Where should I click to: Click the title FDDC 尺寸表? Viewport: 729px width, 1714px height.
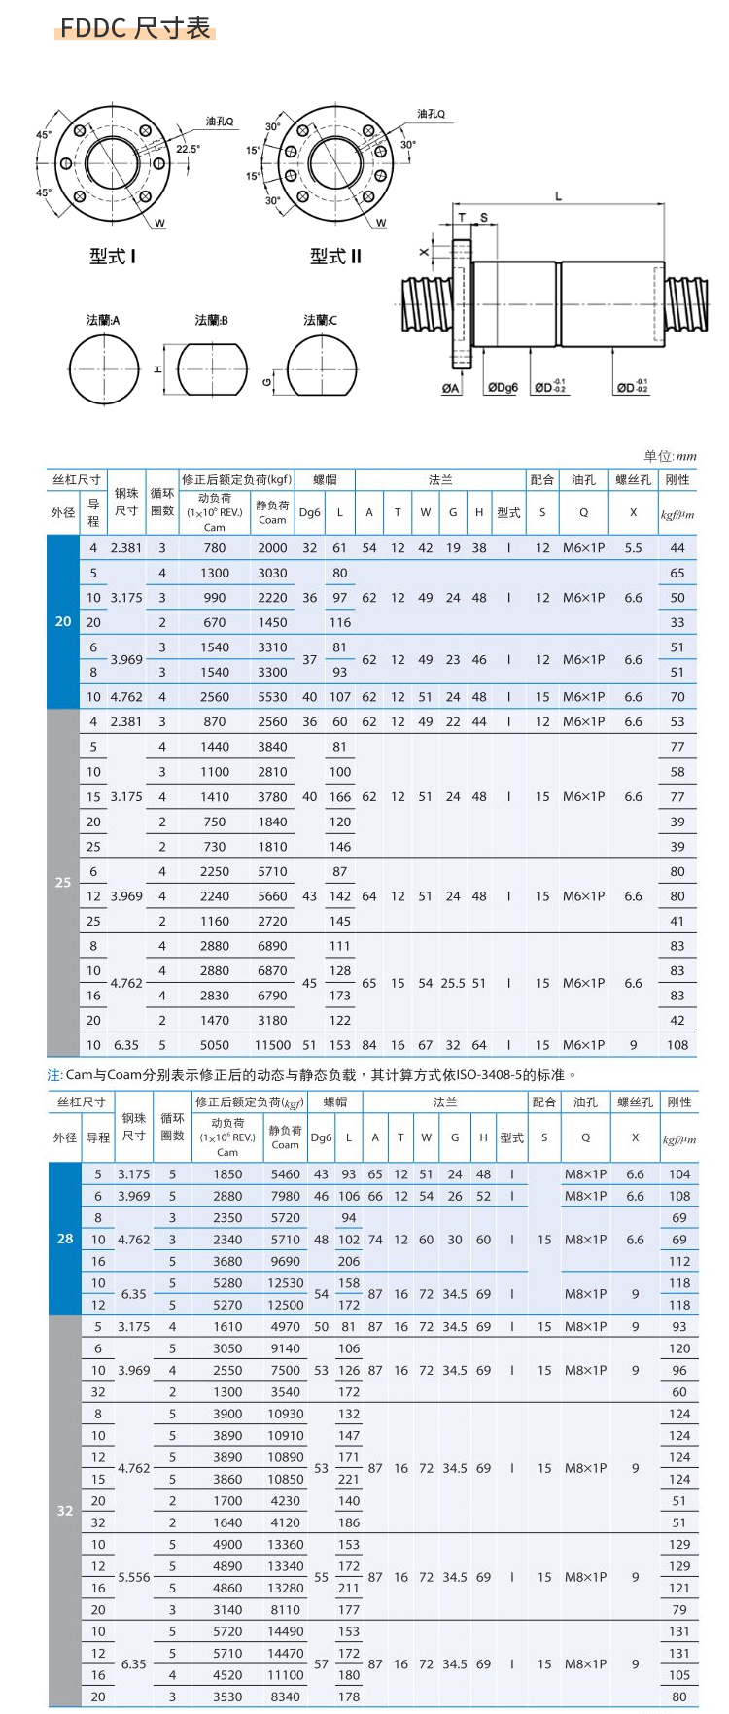[x=135, y=28]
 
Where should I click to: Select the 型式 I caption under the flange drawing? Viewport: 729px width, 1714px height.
[x=113, y=257]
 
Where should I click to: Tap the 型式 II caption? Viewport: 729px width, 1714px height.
[x=335, y=257]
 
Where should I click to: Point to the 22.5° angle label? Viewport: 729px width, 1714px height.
[x=188, y=149]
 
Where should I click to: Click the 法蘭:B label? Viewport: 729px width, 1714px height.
[x=211, y=320]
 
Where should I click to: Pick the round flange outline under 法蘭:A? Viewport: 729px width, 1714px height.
[x=104, y=369]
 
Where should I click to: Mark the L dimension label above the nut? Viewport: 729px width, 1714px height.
[x=558, y=196]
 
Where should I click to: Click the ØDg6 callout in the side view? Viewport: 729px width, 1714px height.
[x=503, y=388]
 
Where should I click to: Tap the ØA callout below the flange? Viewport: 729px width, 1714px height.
[x=451, y=388]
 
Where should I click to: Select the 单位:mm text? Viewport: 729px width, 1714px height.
[x=670, y=456]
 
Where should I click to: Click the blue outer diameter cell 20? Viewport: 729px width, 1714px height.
[x=63, y=621]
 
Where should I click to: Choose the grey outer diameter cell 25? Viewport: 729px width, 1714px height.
[x=63, y=882]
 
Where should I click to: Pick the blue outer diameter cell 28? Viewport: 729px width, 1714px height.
[x=65, y=1239]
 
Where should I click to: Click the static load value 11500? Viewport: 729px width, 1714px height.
[x=272, y=1045]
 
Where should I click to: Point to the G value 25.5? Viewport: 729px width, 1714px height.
[x=453, y=983]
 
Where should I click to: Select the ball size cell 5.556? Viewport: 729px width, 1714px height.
[x=134, y=1577]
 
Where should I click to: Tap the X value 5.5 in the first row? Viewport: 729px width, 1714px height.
[x=633, y=548]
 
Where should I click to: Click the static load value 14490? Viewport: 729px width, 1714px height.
[x=286, y=1631]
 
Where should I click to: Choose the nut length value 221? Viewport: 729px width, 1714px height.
[x=349, y=1479]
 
